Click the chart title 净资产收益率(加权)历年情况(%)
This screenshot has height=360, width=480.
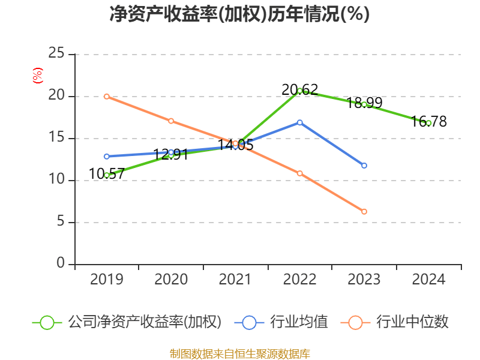pyautogui.click(x=239, y=14)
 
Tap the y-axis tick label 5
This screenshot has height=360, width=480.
pyautogui.click(x=61, y=222)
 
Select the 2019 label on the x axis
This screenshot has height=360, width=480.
pyautogui.click(x=107, y=280)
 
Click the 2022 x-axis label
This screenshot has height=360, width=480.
pyautogui.click(x=300, y=280)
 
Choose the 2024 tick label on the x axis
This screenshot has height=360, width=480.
pyautogui.click(x=428, y=280)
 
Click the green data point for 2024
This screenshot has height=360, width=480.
pyautogui.click(x=428, y=122)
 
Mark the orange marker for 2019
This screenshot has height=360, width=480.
pyautogui.click(x=107, y=96)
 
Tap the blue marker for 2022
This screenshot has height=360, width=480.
pyautogui.click(x=300, y=122)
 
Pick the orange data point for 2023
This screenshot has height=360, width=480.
pyautogui.click(x=364, y=211)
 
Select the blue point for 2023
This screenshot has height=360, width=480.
pyautogui.click(x=364, y=165)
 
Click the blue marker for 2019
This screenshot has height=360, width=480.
pyautogui.click(x=107, y=156)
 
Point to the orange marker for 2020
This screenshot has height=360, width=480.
pyautogui.click(x=171, y=121)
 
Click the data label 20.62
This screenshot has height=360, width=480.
pyautogui.click(x=300, y=90)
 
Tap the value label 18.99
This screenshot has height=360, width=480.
pyautogui.click(x=364, y=103)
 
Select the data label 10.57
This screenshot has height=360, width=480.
pyautogui.click(x=107, y=174)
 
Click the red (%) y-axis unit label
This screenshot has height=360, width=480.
pyautogui.click(x=38, y=76)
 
